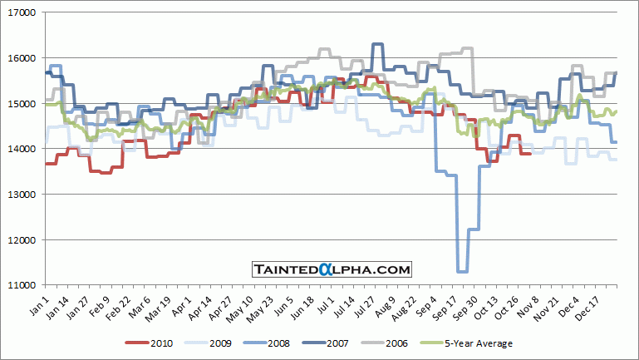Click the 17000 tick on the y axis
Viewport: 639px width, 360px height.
(21, 13)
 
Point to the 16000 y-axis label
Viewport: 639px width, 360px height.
(21, 58)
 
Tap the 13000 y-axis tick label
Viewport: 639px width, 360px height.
(21, 195)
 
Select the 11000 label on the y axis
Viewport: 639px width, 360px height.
(21, 285)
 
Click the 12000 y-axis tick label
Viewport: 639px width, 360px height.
(21, 240)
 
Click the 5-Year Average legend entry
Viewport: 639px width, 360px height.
(488, 343)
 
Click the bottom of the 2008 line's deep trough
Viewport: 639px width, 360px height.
(463, 271)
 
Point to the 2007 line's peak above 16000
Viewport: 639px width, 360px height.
(377, 44)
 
